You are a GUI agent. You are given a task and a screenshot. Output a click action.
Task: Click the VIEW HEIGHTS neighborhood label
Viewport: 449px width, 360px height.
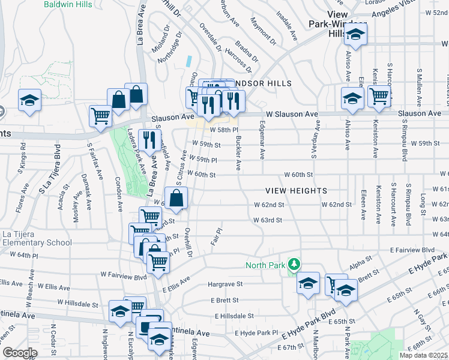click(297, 190)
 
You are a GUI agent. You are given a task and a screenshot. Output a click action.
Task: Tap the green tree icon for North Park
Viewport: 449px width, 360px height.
click(294, 263)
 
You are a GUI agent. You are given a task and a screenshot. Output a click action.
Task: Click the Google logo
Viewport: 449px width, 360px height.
click(20, 353)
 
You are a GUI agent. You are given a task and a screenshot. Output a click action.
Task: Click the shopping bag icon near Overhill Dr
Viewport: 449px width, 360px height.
click(176, 198)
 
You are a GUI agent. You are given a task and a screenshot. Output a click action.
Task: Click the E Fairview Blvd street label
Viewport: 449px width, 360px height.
click(411, 249)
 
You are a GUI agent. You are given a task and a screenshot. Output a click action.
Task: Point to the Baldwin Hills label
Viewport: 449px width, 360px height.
click(68, 4)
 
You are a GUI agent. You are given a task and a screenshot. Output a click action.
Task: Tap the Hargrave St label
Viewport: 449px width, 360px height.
click(224, 284)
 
